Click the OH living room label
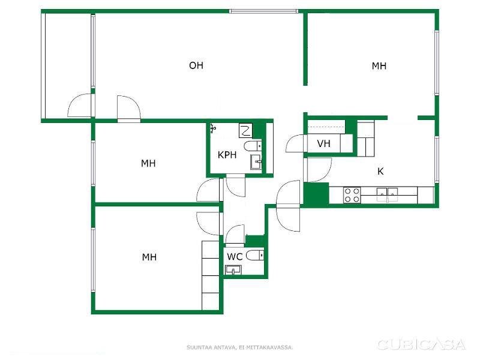point(196,65)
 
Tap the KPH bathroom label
point(227,155)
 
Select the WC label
point(235,257)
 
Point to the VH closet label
point(323,143)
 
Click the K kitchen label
point(380,171)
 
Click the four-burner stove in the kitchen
point(352,195)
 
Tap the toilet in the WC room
point(255,255)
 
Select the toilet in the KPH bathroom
point(253,146)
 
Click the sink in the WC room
point(233,270)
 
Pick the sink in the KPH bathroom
point(256,162)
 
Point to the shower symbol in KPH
point(214,128)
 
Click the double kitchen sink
point(387,194)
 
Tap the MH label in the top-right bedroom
point(379,66)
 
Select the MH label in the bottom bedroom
point(149,257)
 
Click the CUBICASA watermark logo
point(422,344)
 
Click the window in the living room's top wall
point(263,11)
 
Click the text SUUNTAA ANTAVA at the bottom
point(211,347)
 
